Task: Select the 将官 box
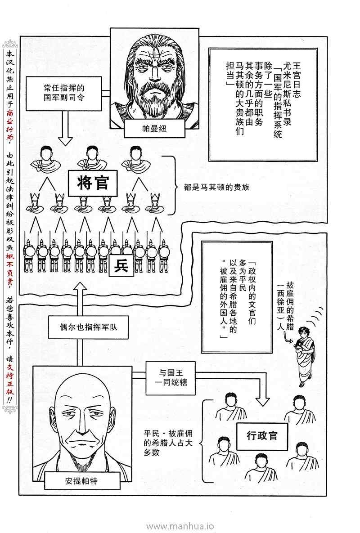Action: [93, 184]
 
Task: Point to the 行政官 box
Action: [262, 435]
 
